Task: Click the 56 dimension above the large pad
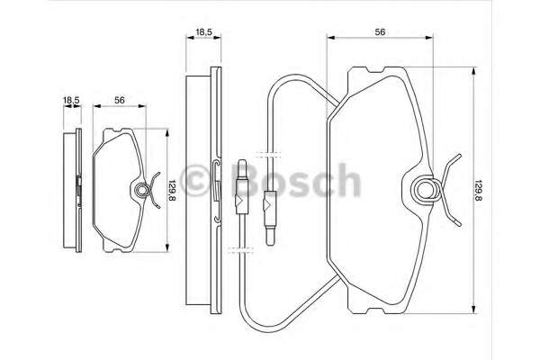click(380, 32)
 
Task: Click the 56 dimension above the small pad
click(119, 100)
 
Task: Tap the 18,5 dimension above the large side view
click(203, 32)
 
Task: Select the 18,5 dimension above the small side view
click(71, 100)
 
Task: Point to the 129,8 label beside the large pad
click(478, 190)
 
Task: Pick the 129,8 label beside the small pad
click(172, 190)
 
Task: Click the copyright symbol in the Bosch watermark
click(196, 181)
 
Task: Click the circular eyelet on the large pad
click(427, 189)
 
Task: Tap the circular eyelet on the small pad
click(141, 190)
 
